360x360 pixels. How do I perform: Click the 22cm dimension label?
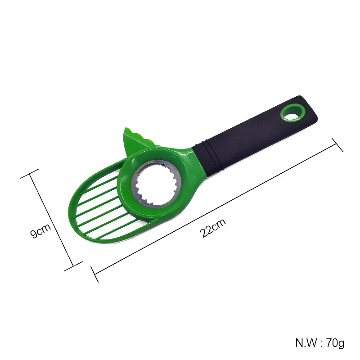(213, 228)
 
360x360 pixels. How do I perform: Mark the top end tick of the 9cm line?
(30, 174)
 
